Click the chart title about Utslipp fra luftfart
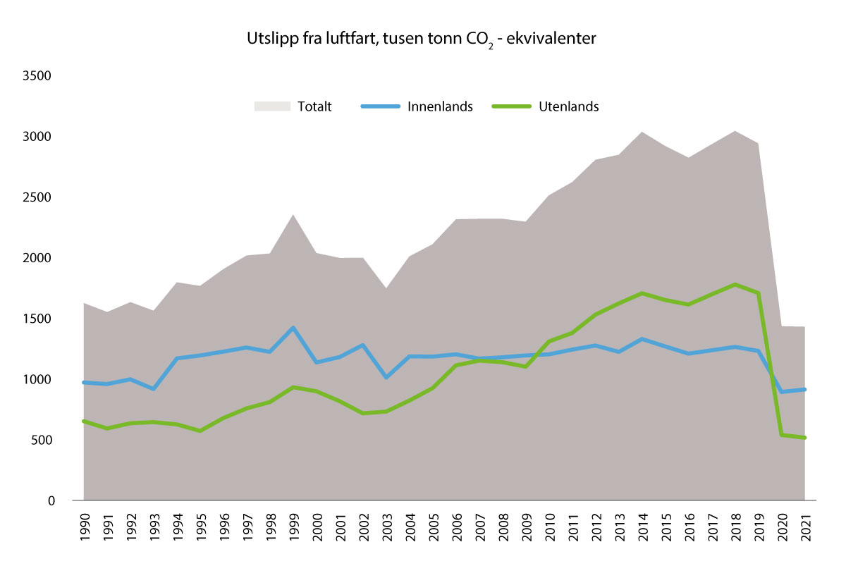click(x=421, y=39)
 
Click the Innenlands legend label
click(x=440, y=107)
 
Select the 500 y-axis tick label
click(x=44, y=441)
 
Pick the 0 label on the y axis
click(x=51, y=501)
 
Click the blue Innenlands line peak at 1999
click(x=293, y=328)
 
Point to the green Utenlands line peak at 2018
click(x=735, y=285)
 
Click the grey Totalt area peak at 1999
click(x=293, y=216)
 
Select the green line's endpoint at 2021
click(x=804, y=438)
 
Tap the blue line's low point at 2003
click(x=386, y=378)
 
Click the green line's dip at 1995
click(x=200, y=431)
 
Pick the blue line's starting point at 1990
click(x=84, y=383)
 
